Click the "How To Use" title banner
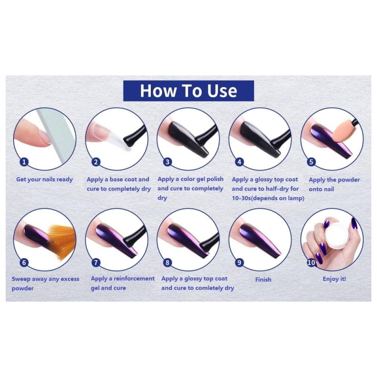(x=188, y=90)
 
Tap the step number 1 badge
(x=24, y=162)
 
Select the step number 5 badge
(x=311, y=162)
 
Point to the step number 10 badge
(x=311, y=262)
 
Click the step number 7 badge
(x=96, y=262)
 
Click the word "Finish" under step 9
(x=263, y=279)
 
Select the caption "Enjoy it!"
(x=334, y=279)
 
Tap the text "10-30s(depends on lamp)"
(x=268, y=198)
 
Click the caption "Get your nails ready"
(x=44, y=180)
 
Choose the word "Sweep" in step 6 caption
(x=21, y=279)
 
